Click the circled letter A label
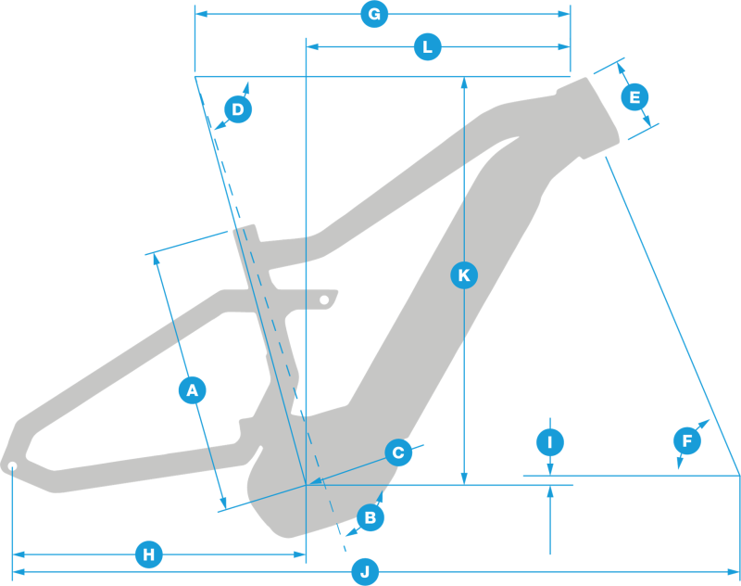[192, 390]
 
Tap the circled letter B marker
[370, 517]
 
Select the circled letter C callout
[397, 452]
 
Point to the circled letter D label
[238, 110]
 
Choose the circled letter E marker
[634, 96]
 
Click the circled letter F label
[687, 441]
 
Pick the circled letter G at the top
[373, 15]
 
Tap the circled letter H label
[148, 555]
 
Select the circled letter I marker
[550, 442]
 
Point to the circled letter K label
[464, 274]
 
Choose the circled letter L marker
[427, 46]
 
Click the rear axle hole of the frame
[12, 465]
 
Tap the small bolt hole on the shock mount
[324, 300]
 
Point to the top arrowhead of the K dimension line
[464, 82]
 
